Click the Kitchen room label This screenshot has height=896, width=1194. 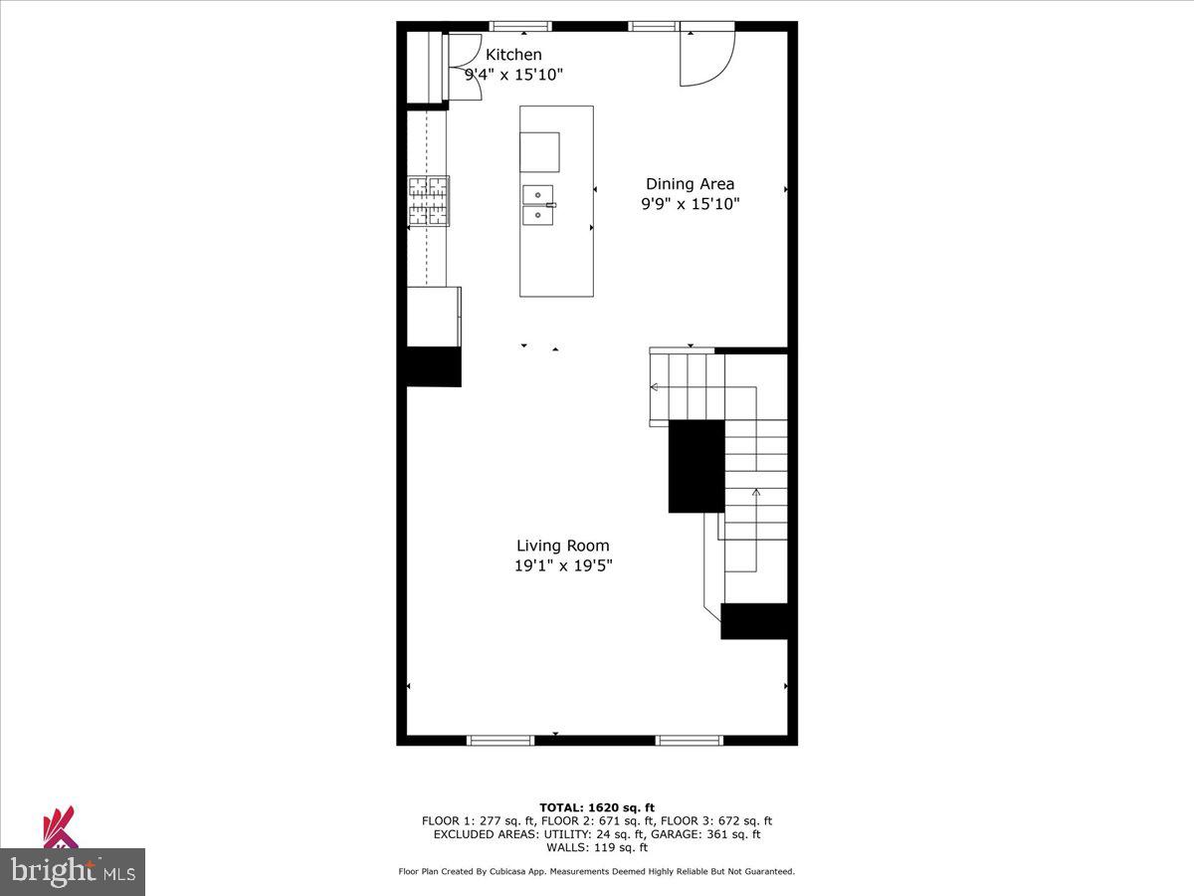513,55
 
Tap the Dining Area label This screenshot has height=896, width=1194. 690,184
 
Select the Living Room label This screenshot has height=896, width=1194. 562,546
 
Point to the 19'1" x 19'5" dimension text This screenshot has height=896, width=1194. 562,565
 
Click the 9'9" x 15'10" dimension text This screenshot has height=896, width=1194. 690,204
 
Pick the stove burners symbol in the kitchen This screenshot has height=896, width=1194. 428,201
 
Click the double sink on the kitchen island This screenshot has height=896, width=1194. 538,205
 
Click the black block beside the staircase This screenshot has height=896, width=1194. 696,466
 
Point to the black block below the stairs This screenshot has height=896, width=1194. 754,621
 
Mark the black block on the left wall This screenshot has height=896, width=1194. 433,366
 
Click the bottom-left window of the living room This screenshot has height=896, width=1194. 500,740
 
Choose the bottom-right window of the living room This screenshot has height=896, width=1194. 689,740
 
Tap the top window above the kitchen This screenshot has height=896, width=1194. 520,26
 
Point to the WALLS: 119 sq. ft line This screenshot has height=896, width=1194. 597,848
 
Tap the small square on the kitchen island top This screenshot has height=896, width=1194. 539,152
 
